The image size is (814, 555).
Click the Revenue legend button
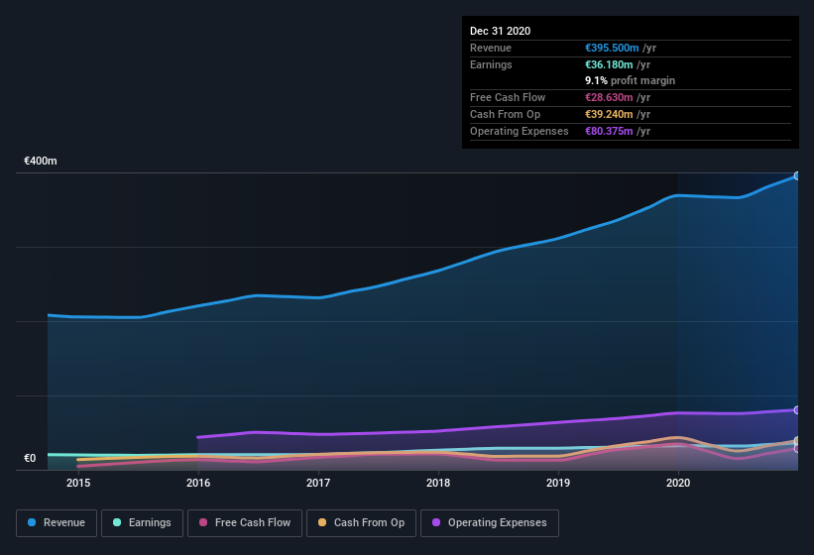coord(57,522)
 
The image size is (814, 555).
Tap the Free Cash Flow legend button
coord(245,522)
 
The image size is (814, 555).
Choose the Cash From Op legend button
coord(361,522)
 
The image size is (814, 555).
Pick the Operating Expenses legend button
coord(489,522)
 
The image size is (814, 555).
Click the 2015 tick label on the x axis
coord(78,483)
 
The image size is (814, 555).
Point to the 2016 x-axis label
coord(198,483)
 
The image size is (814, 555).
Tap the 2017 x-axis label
coord(318,483)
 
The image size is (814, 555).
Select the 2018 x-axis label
coord(438,483)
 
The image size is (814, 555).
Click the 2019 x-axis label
coord(558,483)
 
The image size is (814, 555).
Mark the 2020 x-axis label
coord(678,483)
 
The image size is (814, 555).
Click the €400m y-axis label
coord(41,161)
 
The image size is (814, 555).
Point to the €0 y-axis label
coord(30,458)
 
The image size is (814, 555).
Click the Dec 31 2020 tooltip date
coord(500,31)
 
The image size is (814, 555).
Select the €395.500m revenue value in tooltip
coord(611,48)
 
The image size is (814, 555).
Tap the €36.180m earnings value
coord(608,64)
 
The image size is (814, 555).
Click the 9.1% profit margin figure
coord(598,80)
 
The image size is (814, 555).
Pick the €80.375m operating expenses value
coord(608,131)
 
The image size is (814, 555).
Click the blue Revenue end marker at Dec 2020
coord(796,175)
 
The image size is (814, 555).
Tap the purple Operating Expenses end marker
coord(796,409)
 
